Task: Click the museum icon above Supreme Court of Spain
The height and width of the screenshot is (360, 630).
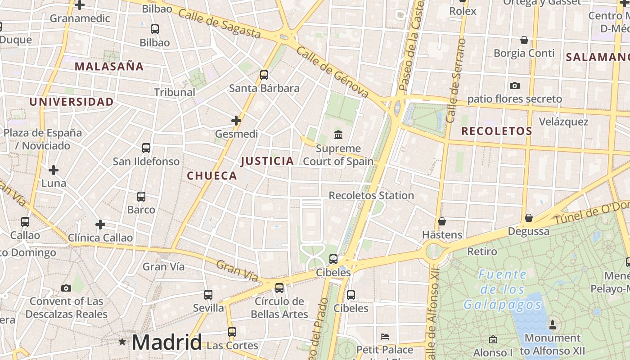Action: pos(338,135)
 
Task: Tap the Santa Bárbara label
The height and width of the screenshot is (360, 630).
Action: pos(264,88)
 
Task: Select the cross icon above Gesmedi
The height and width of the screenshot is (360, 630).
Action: pos(236,121)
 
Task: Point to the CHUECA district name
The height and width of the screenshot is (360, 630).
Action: pos(212,176)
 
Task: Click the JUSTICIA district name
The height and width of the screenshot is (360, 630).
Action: pos(267,161)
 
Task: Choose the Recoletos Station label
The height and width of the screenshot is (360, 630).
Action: pos(371,196)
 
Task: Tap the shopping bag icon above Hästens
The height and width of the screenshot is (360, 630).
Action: pos(442,221)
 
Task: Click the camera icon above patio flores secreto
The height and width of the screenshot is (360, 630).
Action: pos(514,85)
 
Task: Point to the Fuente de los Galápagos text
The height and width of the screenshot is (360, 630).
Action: pos(503,289)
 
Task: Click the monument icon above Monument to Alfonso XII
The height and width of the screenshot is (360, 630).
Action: pos(553,324)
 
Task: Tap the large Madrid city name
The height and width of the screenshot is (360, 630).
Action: pos(166,342)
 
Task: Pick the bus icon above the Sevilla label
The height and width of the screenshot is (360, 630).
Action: pos(208,295)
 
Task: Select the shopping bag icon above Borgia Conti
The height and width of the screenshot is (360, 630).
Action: pos(524,40)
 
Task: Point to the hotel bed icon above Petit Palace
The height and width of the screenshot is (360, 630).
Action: pos(385,336)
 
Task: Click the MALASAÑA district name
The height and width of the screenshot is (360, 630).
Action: pos(109,67)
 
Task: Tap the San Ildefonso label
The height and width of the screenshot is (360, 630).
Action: pos(146,162)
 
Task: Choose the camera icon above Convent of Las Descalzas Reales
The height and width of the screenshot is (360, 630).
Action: pos(66,288)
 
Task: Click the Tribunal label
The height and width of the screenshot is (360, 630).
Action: pos(175,92)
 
